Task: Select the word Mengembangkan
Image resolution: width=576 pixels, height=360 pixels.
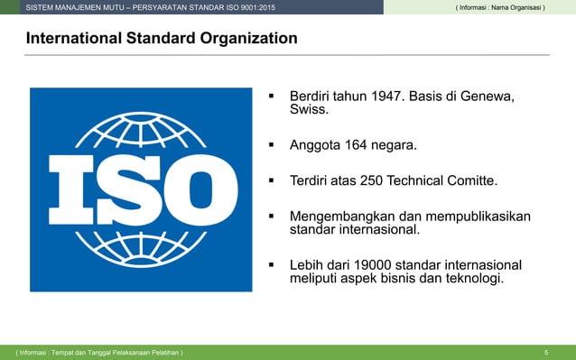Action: (x=342, y=216)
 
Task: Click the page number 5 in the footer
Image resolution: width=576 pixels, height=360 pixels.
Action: (x=546, y=352)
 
